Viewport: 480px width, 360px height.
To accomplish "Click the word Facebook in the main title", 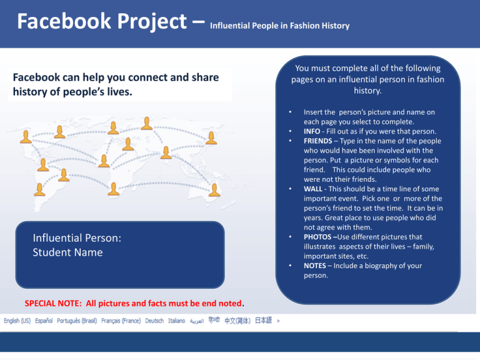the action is pyautogui.click(x=64, y=21).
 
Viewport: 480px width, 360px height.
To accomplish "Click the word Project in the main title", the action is pyautogui.click(x=152, y=22).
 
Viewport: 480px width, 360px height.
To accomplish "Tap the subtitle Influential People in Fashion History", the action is pyautogui.click(x=280, y=26).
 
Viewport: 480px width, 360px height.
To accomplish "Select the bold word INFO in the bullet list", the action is pyautogui.click(x=312, y=131).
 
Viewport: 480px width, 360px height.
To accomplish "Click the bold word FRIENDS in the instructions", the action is pyautogui.click(x=317, y=141).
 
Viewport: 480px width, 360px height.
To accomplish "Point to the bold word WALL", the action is pyautogui.click(x=313, y=189).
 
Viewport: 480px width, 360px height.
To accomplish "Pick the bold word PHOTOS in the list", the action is pyautogui.click(x=317, y=237).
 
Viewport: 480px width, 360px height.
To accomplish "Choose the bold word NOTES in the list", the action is pyautogui.click(x=315, y=266).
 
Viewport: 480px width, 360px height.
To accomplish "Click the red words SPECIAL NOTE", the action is pyautogui.click(x=53, y=303).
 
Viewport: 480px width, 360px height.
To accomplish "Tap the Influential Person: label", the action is pyautogui.click(x=77, y=238).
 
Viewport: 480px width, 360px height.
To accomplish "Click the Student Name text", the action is pyautogui.click(x=67, y=252).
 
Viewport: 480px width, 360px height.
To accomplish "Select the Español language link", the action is pyautogui.click(x=44, y=321).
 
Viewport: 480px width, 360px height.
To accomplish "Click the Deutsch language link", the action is pyautogui.click(x=154, y=321).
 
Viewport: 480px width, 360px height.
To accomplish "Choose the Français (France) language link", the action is pyautogui.click(x=121, y=321).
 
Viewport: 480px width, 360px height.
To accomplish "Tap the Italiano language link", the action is pyautogui.click(x=177, y=321).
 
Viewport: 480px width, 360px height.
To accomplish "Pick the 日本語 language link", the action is pyautogui.click(x=263, y=320).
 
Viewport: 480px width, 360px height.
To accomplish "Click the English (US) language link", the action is pyautogui.click(x=17, y=321).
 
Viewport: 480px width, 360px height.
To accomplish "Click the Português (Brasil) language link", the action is pyautogui.click(x=77, y=321).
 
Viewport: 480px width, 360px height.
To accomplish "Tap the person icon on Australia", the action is pyautogui.click(x=214, y=190).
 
